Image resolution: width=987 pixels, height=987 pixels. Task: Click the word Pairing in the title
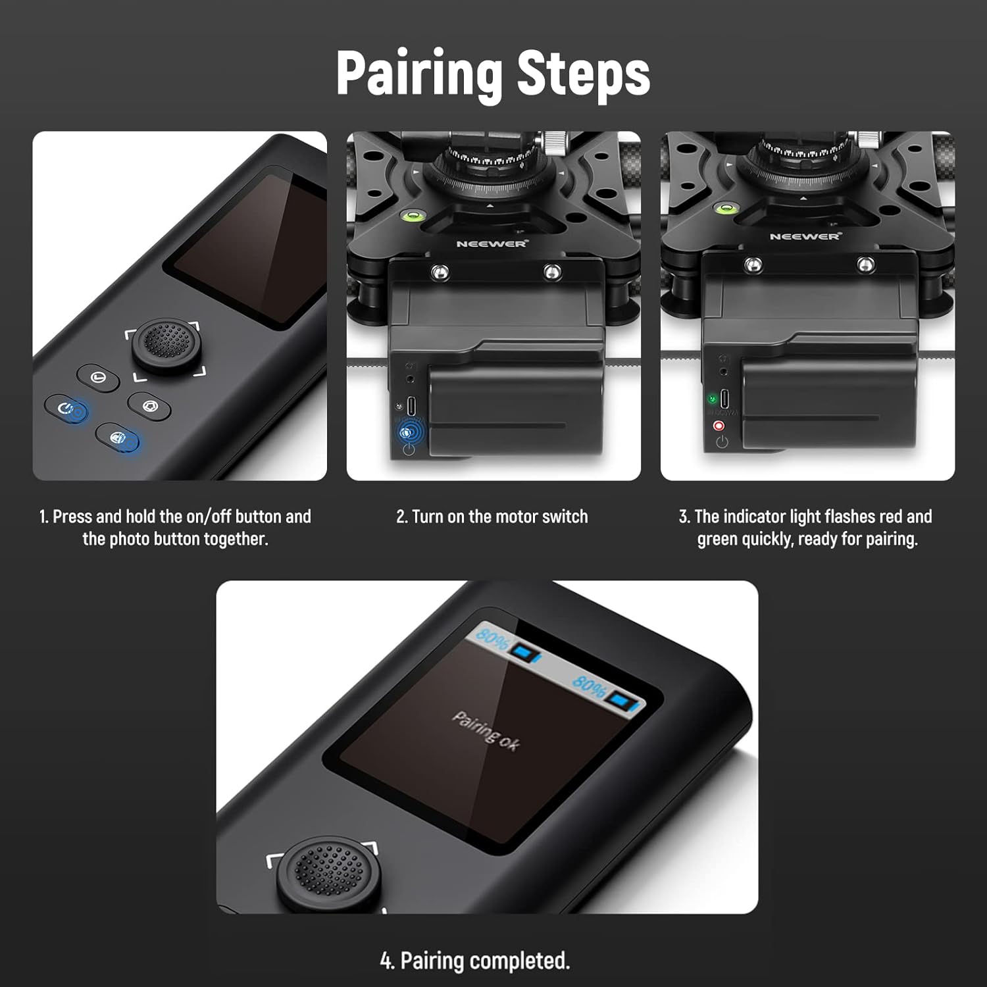click(x=420, y=74)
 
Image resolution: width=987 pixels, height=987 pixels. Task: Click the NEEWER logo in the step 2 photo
click(x=492, y=243)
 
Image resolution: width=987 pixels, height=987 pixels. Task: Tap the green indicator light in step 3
click(x=712, y=399)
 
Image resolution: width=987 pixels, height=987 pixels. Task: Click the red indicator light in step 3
click(x=719, y=426)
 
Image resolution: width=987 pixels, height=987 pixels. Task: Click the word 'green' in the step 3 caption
click(x=717, y=540)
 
